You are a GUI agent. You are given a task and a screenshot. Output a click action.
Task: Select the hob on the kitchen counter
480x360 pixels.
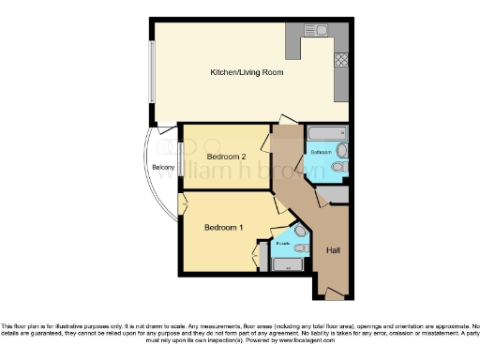click(x=342, y=58)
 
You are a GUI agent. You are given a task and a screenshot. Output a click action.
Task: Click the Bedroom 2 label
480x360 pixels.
click(x=225, y=156)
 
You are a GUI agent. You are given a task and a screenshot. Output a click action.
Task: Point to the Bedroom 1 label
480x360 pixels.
click(x=224, y=228)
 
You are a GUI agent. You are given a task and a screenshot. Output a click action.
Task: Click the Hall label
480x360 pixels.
click(x=333, y=250)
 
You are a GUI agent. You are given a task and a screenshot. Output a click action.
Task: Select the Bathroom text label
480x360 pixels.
click(x=322, y=151)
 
